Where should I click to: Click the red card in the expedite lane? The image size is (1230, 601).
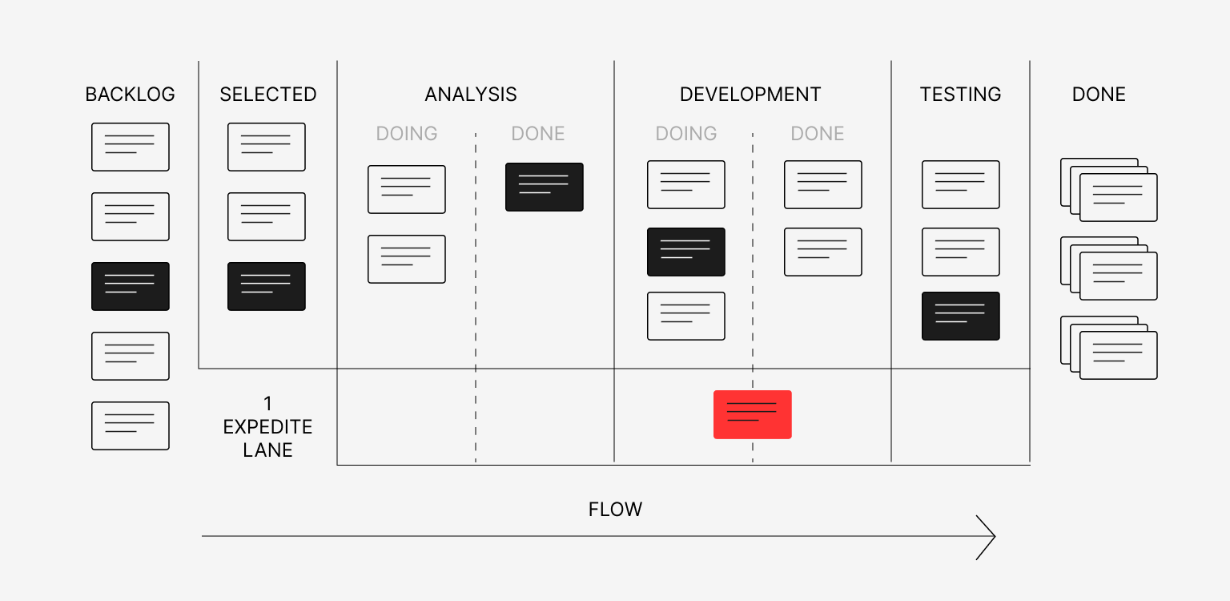752,414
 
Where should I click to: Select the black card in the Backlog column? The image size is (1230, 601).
131,286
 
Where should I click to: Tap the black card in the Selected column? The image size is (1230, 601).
267,286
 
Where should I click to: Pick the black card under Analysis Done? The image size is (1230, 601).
545,187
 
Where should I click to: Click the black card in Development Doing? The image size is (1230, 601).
686,252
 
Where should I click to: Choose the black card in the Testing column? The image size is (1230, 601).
960,316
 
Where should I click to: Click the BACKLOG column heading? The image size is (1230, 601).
130,95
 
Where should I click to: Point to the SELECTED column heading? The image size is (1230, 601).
267,95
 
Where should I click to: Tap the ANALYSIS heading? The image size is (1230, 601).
471,95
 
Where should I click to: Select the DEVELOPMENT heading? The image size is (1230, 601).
750,95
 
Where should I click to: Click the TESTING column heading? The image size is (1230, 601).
960,95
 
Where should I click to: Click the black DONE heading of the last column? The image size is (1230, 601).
1099,95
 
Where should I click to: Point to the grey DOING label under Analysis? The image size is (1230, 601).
407,134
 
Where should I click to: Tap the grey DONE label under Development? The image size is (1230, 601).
817,134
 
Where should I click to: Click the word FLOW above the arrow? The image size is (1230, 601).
615,510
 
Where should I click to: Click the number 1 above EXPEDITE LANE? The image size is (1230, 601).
267,403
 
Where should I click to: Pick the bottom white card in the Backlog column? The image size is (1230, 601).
131,426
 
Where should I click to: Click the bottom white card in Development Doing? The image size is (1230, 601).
686,316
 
